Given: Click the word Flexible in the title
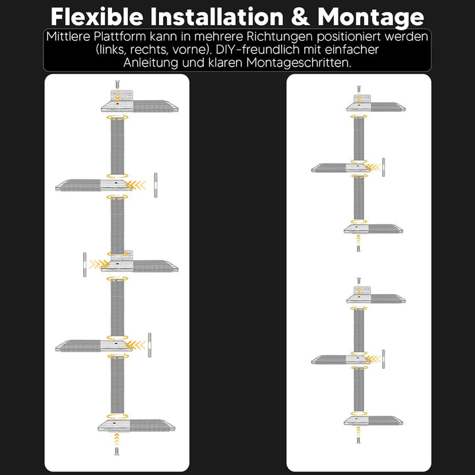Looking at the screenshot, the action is click(97, 16).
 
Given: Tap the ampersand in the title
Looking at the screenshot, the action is click(301, 17).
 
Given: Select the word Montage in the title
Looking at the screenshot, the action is click(371, 18).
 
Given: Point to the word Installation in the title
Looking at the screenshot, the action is click(217, 16).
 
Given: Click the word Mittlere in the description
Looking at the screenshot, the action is click(69, 37).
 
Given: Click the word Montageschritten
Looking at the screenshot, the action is click(299, 63).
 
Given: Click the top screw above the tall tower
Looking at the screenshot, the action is click(117, 84).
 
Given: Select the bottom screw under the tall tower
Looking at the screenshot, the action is click(117, 451).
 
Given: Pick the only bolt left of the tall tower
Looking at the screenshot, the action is click(85, 265).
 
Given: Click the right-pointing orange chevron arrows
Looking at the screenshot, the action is click(100, 265).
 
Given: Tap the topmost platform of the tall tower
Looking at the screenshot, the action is click(140, 106).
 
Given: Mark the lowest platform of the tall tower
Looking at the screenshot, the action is click(137, 426).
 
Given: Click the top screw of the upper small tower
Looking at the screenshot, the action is click(359, 89).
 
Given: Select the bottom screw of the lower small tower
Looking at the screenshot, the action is click(358, 440).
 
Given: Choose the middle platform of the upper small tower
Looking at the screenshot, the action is click(341, 168).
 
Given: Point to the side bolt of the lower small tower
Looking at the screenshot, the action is click(383, 359).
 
